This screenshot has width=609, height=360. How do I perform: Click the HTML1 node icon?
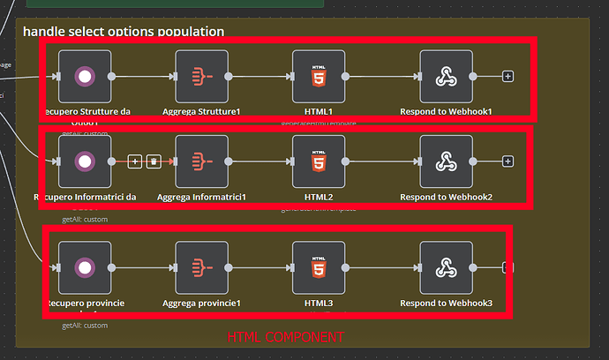coord(319,77)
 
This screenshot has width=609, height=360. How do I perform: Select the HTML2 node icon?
coord(319,161)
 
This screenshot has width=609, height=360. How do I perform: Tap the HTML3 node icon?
coord(319,267)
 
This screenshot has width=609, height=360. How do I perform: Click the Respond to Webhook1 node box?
coord(446,77)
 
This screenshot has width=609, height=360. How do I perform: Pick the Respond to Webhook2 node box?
coord(446,161)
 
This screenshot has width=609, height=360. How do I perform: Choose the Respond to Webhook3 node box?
coord(446,267)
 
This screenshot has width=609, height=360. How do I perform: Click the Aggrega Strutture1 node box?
coord(201,77)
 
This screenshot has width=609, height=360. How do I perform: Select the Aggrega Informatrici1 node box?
coord(201,161)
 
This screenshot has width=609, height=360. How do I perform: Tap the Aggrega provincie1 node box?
coord(201,267)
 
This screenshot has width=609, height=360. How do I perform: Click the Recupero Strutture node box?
coord(85,77)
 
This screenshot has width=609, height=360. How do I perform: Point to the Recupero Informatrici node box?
coord(85,161)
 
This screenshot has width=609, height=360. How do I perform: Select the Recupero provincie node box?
coord(85,267)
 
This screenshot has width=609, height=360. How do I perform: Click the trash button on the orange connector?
coord(154,161)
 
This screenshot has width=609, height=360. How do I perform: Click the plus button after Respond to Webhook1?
coord(507,77)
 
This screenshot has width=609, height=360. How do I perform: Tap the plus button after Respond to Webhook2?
coord(507,161)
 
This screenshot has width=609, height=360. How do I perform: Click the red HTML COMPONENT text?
coord(285,338)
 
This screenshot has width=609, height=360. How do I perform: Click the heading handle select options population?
coord(124,32)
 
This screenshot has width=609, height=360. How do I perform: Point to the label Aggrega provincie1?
coord(201,304)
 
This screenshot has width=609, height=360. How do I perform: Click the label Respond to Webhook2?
coord(446,196)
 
